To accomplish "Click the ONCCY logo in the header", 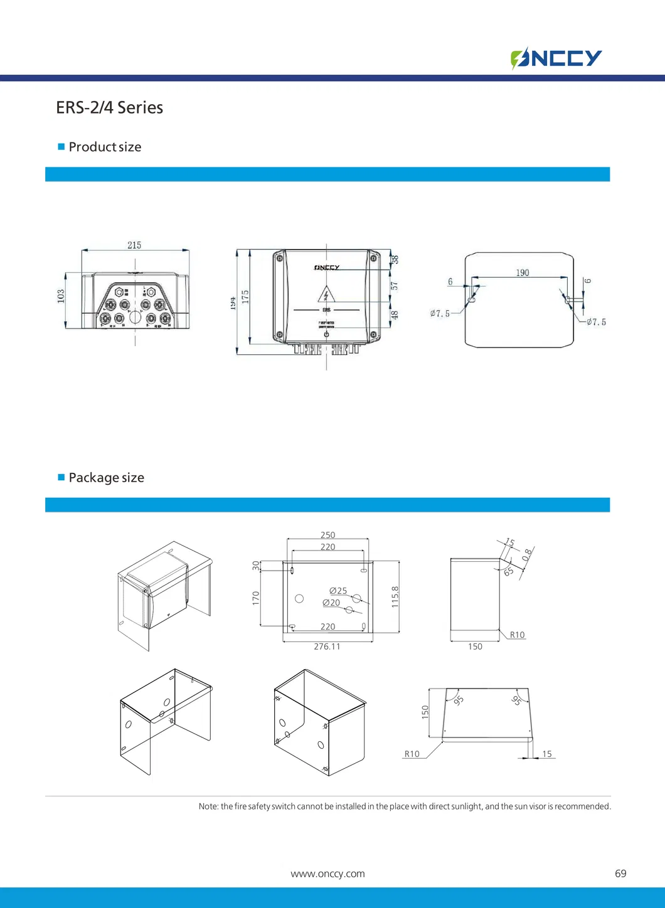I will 556,58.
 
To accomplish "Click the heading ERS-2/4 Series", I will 109,108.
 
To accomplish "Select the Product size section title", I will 105,147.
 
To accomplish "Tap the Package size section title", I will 106,478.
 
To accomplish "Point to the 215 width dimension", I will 134,245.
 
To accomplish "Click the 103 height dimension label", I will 61,296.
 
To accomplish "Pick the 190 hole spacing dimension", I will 522,273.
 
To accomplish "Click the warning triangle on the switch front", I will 326,293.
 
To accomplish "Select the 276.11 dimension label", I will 327,647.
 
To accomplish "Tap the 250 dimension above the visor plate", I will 327,535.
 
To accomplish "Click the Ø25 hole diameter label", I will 338,591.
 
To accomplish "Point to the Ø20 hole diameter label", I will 331,603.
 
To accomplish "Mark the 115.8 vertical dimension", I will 395,597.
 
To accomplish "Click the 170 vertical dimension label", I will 256,598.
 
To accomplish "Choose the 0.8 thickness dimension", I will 527,554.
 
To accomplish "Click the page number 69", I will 620,874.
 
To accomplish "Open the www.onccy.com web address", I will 327,874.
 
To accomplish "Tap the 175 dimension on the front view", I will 245,297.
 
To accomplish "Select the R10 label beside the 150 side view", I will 517,635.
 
